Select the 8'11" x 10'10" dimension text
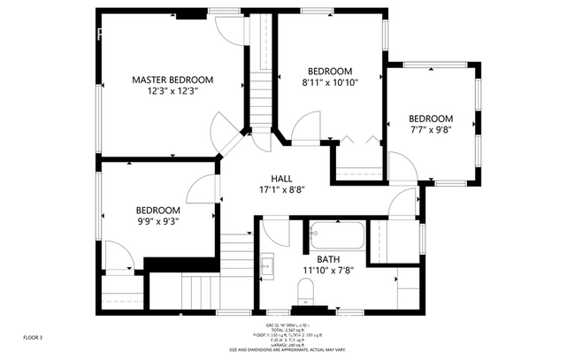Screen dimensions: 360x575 (329, 84)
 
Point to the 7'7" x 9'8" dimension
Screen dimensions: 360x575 (430, 131)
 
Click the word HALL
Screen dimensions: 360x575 (282, 178)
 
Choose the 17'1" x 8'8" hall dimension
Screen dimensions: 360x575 (282, 189)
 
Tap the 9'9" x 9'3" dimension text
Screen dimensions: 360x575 (157, 222)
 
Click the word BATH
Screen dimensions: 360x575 (328, 259)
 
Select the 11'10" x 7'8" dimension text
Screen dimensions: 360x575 (328, 271)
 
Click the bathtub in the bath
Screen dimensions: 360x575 (336, 236)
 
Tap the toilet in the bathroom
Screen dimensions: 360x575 (305, 290)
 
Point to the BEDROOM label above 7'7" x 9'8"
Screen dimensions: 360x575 (430, 119)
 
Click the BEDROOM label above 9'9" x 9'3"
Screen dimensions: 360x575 (157, 210)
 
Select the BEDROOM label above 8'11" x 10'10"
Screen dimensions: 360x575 (329, 72)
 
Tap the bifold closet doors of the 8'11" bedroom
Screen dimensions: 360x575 (358, 140)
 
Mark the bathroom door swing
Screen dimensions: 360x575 (275, 232)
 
